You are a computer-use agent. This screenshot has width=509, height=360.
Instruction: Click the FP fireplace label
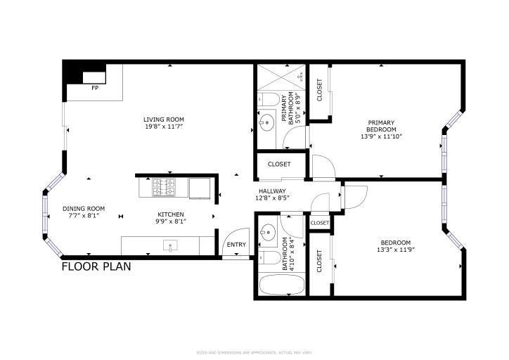tap(95, 89)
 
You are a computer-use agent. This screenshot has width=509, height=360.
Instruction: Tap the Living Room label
tap(164, 120)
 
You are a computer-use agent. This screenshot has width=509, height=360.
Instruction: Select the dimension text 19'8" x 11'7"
tap(164, 127)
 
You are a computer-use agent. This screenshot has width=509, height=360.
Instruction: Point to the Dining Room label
tap(84, 208)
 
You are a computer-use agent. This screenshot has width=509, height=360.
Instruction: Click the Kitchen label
tap(170, 214)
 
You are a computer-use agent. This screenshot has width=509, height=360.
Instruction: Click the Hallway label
tap(271, 191)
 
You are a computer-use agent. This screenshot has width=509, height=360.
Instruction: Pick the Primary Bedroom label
tap(381, 126)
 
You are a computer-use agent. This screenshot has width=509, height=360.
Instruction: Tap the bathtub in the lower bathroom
tap(281, 286)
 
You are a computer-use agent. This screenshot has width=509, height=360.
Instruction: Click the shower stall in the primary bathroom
tap(281, 78)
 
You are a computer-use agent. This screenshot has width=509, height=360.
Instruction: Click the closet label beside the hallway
tap(279, 165)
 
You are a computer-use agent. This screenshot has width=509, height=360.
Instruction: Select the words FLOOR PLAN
tap(96, 267)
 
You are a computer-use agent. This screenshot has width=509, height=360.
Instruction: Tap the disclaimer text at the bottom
tap(254, 352)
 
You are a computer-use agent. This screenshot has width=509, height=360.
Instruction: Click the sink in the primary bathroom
tap(266, 124)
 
